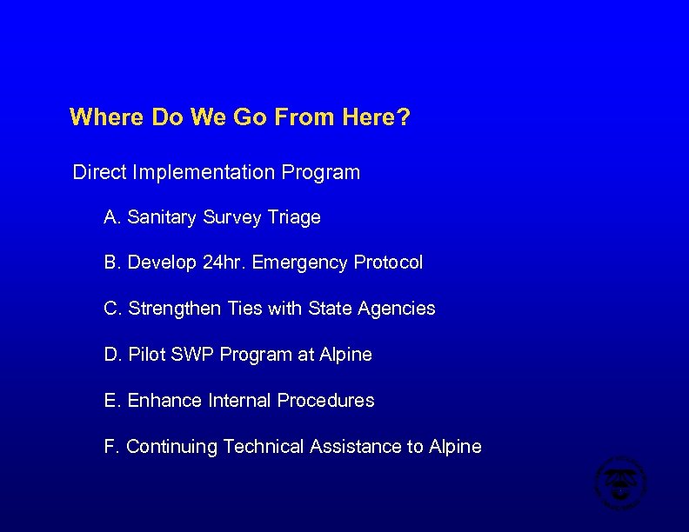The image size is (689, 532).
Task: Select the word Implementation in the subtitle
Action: (204, 172)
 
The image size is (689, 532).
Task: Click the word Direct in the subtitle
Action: (99, 172)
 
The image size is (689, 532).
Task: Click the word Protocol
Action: (388, 263)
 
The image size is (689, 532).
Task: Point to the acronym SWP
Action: (194, 355)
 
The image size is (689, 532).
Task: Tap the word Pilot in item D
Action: (147, 355)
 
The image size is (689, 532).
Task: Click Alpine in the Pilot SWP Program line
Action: (345, 355)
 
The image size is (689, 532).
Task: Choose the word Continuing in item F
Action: (172, 447)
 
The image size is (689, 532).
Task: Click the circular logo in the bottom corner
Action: (620, 482)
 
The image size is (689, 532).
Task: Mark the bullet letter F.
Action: (110, 447)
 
